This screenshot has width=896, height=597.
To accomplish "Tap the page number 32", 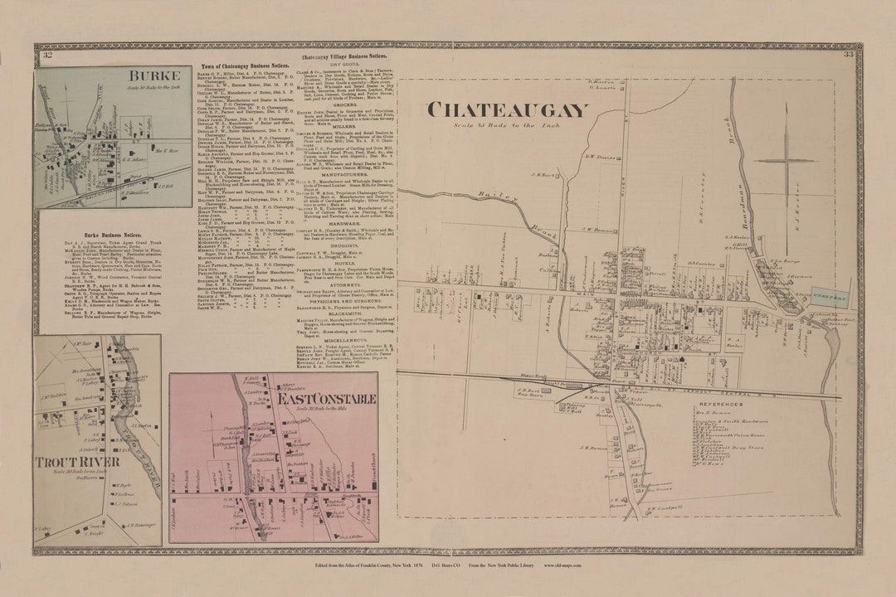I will [x=48, y=56].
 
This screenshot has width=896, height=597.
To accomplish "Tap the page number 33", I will [x=848, y=56].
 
